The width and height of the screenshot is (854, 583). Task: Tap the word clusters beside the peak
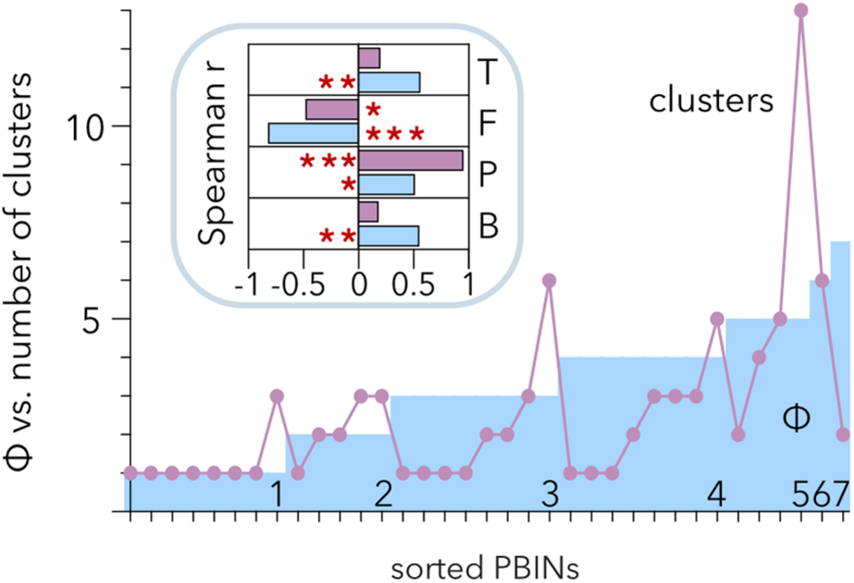tap(711, 101)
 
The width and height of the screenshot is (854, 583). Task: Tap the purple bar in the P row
tap(411, 161)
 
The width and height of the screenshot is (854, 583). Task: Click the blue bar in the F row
tap(314, 133)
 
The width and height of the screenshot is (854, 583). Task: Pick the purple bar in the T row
tap(369, 58)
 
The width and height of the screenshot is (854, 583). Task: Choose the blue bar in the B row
tap(388, 236)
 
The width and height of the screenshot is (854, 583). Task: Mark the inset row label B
tap(488, 226)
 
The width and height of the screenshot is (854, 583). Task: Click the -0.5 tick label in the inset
tap(298, 285)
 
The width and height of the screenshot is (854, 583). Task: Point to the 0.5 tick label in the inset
tap(413, 285)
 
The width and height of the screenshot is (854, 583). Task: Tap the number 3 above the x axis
tap(550, 494)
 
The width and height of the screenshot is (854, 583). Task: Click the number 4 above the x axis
tap(716, 494)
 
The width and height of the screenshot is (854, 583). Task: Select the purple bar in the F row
tap(332, 109)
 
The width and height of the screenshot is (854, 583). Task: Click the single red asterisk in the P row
tap(349, 184)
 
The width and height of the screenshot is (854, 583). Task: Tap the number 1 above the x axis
tap(277, 494)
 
